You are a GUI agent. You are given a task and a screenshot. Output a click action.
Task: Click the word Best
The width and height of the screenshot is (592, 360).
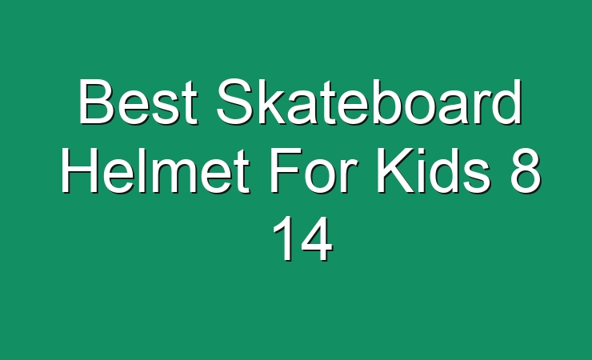click(138, 102)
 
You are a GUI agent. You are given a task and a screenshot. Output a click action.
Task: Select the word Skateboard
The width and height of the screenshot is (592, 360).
click(370, 102)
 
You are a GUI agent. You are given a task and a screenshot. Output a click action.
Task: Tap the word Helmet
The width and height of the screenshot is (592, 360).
click(155, 170)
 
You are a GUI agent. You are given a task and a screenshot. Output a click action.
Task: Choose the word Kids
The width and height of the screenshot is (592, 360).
click(433, 170)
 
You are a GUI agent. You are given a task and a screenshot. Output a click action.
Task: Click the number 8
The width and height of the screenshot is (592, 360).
click(525, 171)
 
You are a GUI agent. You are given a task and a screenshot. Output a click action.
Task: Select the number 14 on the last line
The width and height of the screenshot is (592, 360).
click(302, 239)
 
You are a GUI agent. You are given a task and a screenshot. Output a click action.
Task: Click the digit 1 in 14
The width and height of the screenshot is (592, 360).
click(284, 239)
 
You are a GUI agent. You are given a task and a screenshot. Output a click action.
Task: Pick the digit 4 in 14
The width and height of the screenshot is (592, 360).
click(317, 239)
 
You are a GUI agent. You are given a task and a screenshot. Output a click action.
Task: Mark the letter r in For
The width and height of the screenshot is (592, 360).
click(350, 176)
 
